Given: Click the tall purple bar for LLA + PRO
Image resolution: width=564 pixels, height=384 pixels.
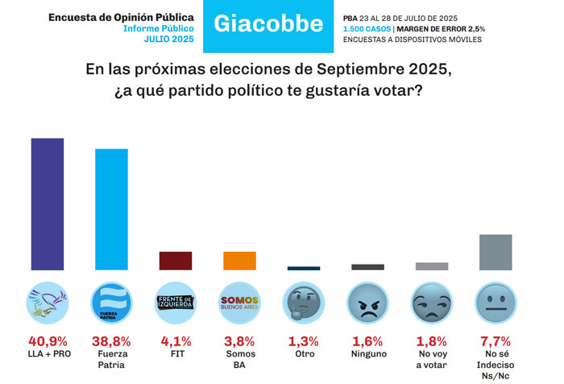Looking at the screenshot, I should [48, 204].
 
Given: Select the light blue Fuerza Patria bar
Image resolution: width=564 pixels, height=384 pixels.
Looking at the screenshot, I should [111, 210].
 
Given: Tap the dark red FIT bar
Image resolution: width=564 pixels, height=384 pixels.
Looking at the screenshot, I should [176, 261].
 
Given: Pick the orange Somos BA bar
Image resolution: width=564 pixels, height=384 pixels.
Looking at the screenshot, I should [239, 261].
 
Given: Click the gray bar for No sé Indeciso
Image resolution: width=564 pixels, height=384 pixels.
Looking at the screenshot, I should [496, 253].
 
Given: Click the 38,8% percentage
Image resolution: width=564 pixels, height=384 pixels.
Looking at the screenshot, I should [111, 341].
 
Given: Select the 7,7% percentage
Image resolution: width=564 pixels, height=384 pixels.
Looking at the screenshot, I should [496, 341].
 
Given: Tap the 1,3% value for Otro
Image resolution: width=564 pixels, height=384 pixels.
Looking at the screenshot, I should [304, 341].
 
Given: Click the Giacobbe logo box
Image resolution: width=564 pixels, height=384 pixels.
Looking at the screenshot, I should [267, 24].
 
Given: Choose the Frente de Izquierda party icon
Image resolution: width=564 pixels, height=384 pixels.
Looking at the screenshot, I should [176, 303].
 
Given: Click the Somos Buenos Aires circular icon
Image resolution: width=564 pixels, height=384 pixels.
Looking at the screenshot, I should [239, 303].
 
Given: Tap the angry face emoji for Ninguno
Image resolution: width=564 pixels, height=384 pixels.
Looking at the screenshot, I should [367, 303].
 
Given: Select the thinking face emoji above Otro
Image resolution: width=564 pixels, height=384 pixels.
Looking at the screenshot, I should [304, 303].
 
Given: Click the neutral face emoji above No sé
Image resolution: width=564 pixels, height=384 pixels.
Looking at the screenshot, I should [496, 303].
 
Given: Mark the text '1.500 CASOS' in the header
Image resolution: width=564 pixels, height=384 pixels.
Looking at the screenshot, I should [367, 29].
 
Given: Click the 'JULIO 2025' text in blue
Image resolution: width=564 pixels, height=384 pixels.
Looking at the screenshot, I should [170, 39].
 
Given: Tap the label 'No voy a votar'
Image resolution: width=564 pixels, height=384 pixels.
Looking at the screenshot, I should [431, 359].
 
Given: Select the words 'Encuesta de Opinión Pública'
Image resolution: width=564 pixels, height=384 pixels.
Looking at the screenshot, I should [121, 16].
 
